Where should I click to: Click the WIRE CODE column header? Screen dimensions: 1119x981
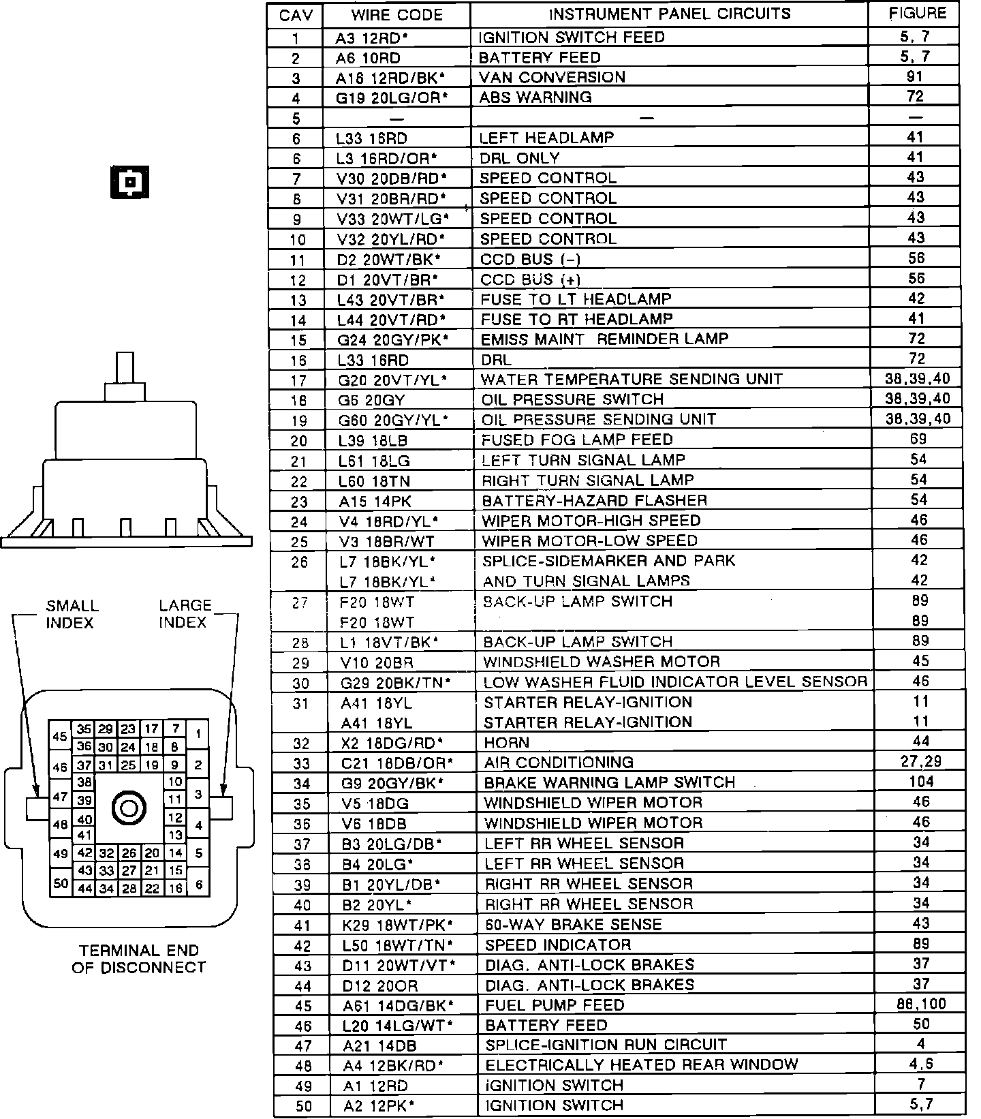[396, 15]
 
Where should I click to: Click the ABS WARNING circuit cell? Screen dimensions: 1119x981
[535, 97]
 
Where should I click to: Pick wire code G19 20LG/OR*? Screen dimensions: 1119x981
[392, 97]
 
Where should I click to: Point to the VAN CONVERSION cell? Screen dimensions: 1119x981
[552, 77]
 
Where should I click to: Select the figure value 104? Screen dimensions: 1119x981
[921, 782]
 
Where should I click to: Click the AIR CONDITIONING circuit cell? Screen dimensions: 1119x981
[559, 763]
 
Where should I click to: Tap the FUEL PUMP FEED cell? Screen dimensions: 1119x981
[555, 1005]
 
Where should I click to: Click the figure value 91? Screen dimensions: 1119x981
[916, 76]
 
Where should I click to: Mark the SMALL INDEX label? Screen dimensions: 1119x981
[72, 614]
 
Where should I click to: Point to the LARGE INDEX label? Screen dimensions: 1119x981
[185, 614]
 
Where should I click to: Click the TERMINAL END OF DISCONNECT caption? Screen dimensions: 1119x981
[138, 959]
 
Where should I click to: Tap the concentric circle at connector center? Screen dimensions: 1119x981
[129, 808]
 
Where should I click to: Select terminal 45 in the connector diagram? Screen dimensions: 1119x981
[60, 737]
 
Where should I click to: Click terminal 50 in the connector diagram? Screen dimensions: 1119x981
[61, 883]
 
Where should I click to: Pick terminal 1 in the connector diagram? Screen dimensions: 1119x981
[198, 734]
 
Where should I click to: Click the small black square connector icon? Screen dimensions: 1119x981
[129, 182]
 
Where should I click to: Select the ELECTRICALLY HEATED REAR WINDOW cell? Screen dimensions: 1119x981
[641, 1064]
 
